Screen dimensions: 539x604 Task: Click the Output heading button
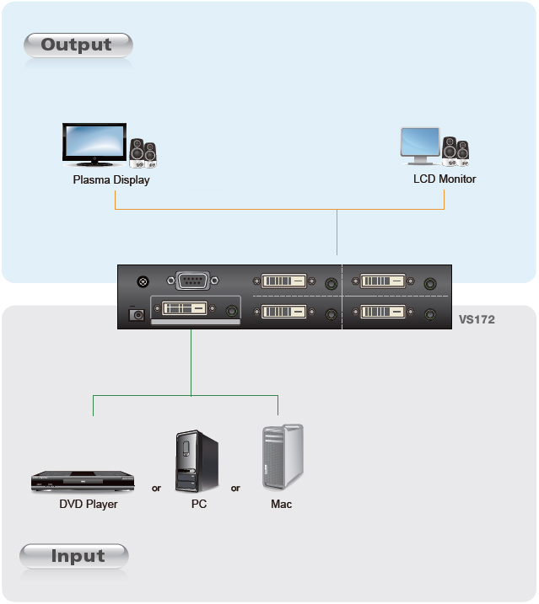(x=78, y=45)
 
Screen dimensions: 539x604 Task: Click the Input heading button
(x=74, y=556)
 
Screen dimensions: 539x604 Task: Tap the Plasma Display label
(x=111, y=180)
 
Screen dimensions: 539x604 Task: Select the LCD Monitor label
(x=445, y=179)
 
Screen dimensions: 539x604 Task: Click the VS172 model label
(x=477, y=319)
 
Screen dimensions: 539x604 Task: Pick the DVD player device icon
(x=83, y=482)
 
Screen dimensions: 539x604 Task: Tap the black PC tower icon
(x=197, y=461)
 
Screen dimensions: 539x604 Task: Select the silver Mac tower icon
(x=283, y=457)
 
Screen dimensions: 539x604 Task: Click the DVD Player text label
(x=89, y=505)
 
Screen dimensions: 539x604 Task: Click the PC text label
(x=199, y=505)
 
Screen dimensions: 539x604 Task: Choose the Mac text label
(x=281, y=505)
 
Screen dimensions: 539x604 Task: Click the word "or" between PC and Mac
(x=235, y=489)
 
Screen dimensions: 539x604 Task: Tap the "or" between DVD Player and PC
(x=156, y=489)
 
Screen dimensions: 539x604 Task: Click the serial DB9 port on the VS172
(x=192, y=281)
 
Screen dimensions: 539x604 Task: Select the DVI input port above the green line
(x=185, y=308)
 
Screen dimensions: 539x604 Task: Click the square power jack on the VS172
(x=136, y=315)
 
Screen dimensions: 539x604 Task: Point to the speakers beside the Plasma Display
(x=143, y=153)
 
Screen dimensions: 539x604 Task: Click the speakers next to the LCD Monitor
(x=455, y=152)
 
